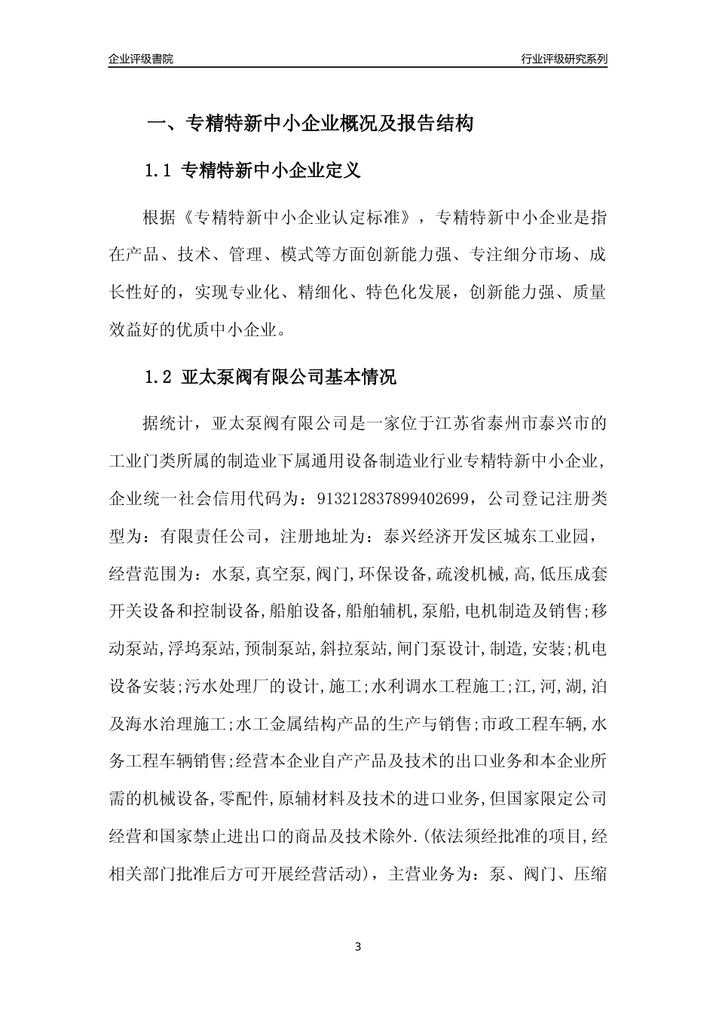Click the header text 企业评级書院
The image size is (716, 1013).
click(x=141, y=59)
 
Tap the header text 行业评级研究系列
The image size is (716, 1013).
click(x=564, y=59)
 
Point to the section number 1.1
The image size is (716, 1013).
click(x=159, y=172)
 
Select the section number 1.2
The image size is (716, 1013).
click(x=159, y=378)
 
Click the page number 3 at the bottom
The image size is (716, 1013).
click(x=358, y=947)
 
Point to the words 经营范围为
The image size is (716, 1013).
click(x=151, y=574)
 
